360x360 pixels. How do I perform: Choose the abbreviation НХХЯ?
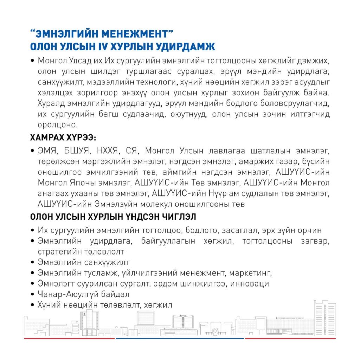[x=107, y=151]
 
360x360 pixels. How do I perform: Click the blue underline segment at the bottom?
[x=180, y=339]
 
